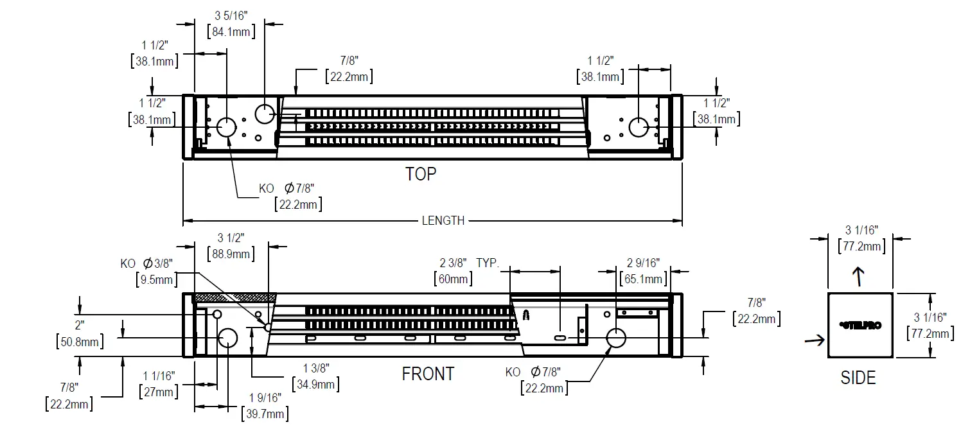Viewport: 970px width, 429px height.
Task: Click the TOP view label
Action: click(421, 174)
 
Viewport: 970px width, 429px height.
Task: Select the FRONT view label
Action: click(428, 374)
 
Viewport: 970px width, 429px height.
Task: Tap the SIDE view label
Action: click(858, 378)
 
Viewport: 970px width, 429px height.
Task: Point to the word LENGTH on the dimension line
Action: click(443, 221)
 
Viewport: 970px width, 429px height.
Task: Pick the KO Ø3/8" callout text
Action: click(146, 263)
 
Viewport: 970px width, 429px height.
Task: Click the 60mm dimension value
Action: click(454, 279)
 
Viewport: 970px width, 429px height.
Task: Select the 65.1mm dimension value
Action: click(643, 279)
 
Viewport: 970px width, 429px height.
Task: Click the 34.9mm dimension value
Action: click(315, 384)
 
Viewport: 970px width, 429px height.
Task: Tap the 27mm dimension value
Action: click(159, 392)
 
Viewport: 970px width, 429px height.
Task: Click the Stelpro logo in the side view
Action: click(860, 326)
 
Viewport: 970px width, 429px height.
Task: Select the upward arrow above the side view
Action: click(858, 276)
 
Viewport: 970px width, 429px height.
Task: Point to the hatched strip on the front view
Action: click(234, 298)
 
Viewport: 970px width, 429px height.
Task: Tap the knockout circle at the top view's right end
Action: click(638, 127)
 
